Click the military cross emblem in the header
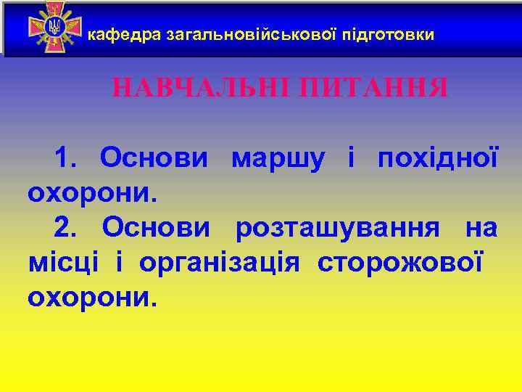coord(54,28)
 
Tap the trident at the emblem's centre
coord(54,28)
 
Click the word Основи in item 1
coord(154,157)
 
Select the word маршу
coord(277,158)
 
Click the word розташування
coord(337,228)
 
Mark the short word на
coord(481,228)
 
